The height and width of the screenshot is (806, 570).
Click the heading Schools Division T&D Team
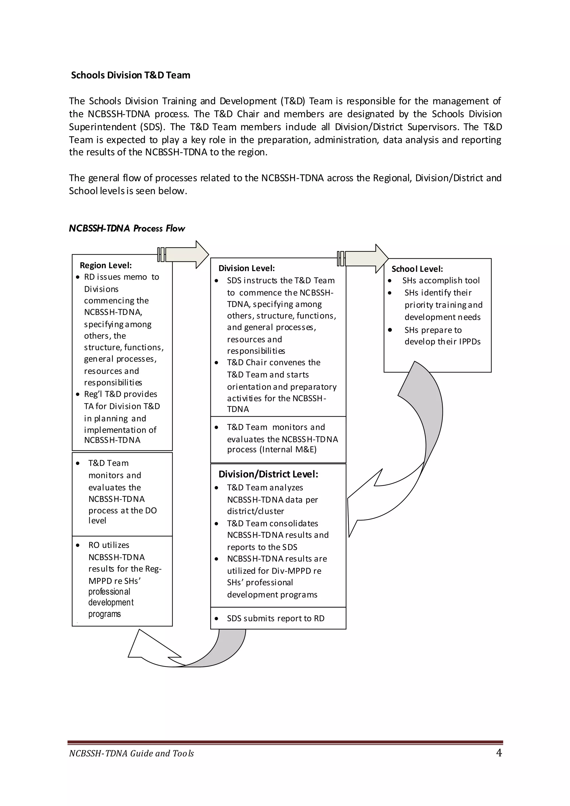[x=131, y=75]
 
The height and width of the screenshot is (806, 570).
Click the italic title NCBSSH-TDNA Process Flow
[x=127, y=228]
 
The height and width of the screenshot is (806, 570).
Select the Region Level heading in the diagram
[x=106, y=265]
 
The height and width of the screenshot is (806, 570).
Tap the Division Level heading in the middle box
[x=246, y=268]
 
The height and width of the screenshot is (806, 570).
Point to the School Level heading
[x=417, y=269]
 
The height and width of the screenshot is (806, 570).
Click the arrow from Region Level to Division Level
[x=186, y=255]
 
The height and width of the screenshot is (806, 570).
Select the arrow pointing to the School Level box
[x=365, y=259]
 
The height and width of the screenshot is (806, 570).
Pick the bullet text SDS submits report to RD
[x=276, y=619]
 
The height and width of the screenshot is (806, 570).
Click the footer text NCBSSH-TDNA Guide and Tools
[x=131, y=753]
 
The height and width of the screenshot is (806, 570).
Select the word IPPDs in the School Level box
[x=470, y=341]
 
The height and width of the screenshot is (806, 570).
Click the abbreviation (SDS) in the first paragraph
[x=152, y=127]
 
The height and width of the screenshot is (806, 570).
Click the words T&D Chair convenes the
[x=273, y=362]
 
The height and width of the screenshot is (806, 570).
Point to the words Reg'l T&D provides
[x=121, y=394]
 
